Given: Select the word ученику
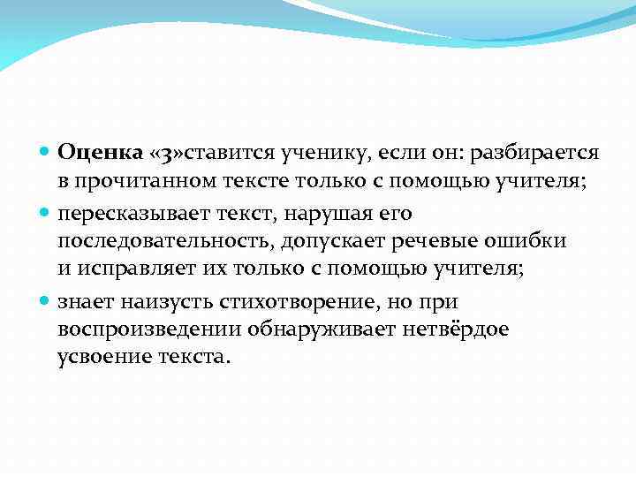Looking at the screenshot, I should click(x=329, y=153).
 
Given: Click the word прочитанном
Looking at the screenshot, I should click(x=140, y=182).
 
